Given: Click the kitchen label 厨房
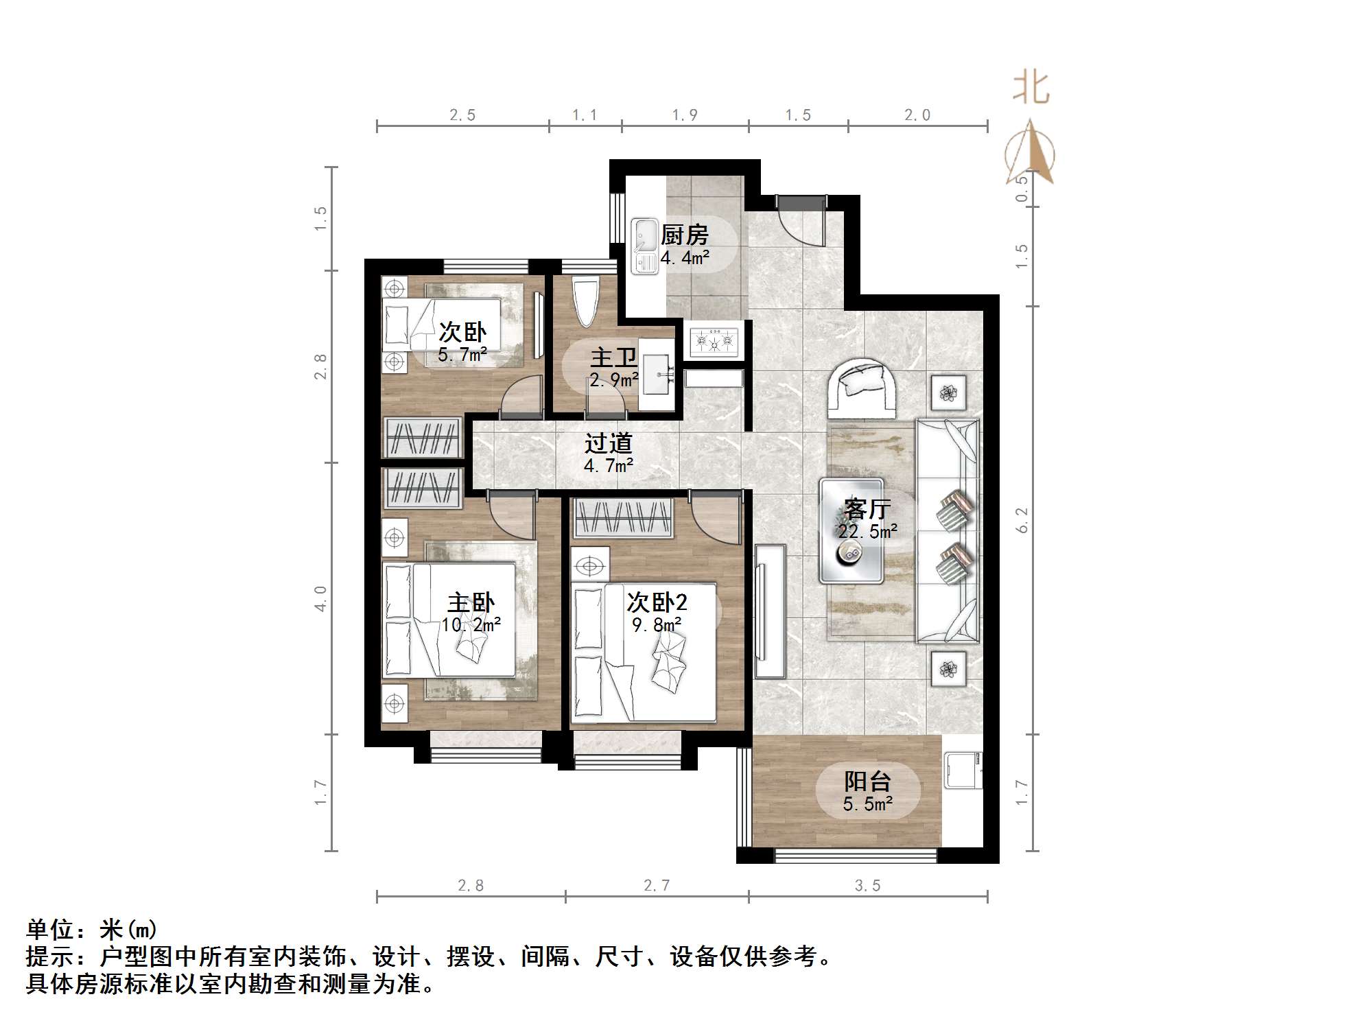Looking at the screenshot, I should pyautogui.click(x=684, y=235).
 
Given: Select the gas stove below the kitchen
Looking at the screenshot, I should pyautogui.click(x=714, y=340).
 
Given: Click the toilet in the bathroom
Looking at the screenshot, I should pyautogui.click(x=586, y=302).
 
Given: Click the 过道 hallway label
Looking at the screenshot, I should pyautogui.click(x=608, y=444).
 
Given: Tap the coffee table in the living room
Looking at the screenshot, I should pyautogui.click(x=851, y=530).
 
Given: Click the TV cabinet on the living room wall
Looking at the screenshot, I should pyautogui.click(x=770, y=611).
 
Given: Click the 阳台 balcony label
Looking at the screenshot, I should pyautogui.click(x=867, y=781).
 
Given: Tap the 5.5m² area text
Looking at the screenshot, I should pyautogui.click(x=867, y=804).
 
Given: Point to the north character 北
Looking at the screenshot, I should pyautogui.click(x=1031, y=89).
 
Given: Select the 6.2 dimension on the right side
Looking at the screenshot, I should pyautogui.click(x=1022, y=519).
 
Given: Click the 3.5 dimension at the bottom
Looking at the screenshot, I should pyautogui.click(x=867, y=886).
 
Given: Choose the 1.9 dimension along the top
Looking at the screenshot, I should pyautogui.click(x=685, y=115).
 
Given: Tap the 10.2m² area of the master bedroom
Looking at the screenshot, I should pyautogui.click(x=471, y=624).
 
